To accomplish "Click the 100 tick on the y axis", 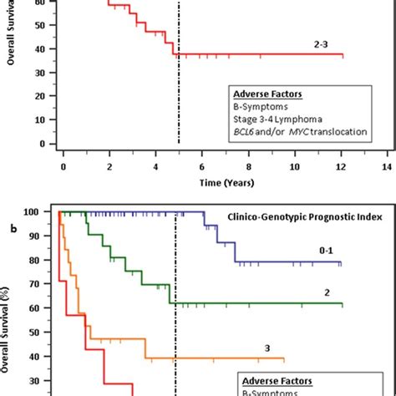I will click(x=41, y=211).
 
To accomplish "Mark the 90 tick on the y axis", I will click(x=43, y=236).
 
